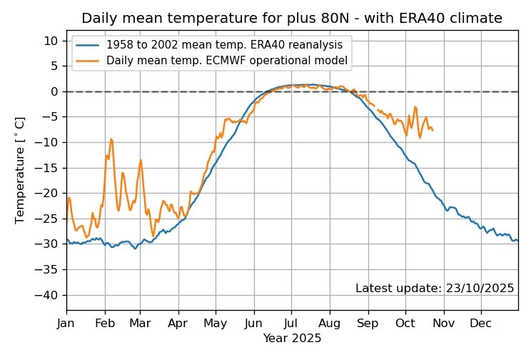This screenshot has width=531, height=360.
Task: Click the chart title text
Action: tap(292, 17)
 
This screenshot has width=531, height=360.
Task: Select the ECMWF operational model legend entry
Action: tap(227, 61)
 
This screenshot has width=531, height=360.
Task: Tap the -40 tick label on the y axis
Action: tap(51, 295)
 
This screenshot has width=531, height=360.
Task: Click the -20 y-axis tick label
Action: tap(51, 194)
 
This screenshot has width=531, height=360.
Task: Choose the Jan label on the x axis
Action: tap(67, 323)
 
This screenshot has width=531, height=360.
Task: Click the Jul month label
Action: tap(291, 323)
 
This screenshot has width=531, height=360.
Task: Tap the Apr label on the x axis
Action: tap(178, 323)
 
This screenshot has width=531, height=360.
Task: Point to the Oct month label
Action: tap(406, 323)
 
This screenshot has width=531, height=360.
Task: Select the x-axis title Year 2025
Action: tap(292, 338)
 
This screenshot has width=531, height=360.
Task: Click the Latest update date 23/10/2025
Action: tap(435, 289)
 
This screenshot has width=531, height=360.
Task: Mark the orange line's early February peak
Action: tap(111, 139)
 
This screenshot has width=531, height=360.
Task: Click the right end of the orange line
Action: tap(433, 130)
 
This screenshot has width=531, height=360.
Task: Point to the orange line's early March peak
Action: tap(141, 160)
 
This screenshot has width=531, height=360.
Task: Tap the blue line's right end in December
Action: tap(517, 240)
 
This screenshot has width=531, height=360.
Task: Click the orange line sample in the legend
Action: tap(88, 61)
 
